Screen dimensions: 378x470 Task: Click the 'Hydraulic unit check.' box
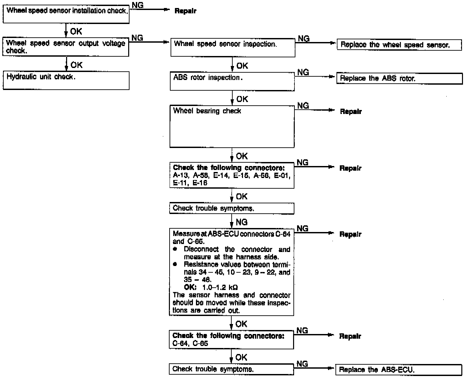click(x=66, y=80)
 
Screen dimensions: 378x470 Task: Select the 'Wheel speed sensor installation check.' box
click(x=66, y=14)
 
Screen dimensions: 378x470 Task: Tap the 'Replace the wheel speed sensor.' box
click(x=399, y=45)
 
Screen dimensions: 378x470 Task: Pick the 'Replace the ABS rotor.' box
click(x=399, y=79)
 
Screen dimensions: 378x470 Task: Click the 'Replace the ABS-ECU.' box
click(x=398, y=370)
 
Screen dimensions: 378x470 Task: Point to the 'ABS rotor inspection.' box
click(x=232, y=81)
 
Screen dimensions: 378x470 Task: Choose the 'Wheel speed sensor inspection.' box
click(x=233, y=48)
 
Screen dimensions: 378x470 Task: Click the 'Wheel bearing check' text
click(x=207, y=111)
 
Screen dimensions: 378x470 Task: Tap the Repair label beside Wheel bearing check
click(x=350, y=112)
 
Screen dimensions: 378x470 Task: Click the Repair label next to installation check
click(x=185, y=11)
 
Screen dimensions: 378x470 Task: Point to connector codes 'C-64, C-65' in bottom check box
click(x=190, y=343)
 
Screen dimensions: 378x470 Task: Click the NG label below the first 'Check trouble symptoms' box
click(x=241, y=222)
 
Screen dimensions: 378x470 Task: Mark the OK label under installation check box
click(x=76, y=32)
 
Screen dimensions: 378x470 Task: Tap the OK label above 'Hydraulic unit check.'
click(x=76, y=65)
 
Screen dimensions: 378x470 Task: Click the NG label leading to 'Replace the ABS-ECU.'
click(x=302, y=364)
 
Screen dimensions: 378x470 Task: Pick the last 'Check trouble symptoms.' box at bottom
click(x=231, y=369)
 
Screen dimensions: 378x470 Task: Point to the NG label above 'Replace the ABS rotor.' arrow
click(x=303, y=72)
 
